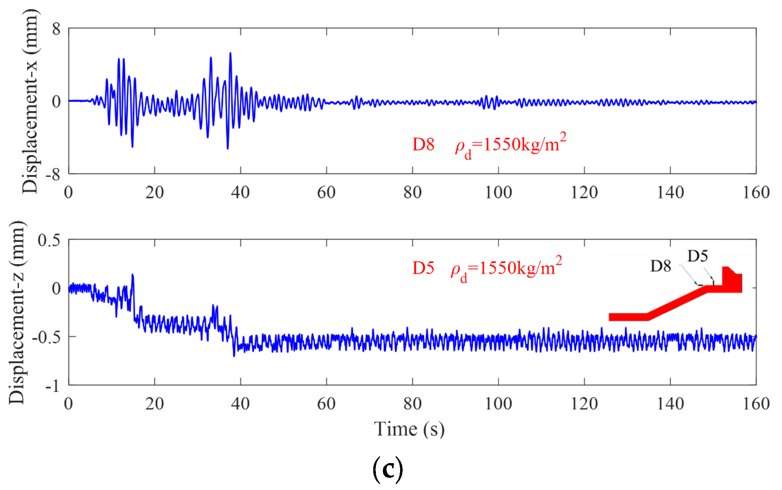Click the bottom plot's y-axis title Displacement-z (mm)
[17, 313]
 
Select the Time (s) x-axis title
[409, 429]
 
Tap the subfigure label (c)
[388, 470]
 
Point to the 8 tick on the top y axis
[56, 29]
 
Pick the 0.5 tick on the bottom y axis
[49, 240]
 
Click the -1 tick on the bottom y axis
[53, 386]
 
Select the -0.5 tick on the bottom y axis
[46, 337]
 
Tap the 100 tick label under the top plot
[498, 193]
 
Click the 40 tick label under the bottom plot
[240, 404]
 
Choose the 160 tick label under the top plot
[756, 193]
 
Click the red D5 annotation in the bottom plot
[423, 268]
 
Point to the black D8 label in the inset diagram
[660, 266]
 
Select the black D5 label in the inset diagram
[697, 257]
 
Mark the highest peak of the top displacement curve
[230, 53]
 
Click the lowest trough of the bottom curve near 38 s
[234, 356]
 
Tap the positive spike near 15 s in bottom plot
[132, 275]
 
